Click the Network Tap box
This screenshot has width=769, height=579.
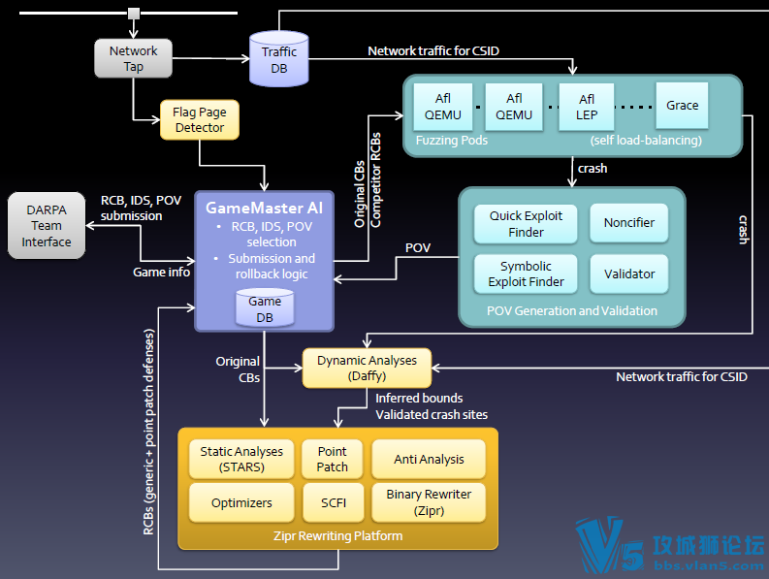[134, 58]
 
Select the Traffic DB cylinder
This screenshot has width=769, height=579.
[279, 59]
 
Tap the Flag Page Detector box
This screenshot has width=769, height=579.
[200, 119]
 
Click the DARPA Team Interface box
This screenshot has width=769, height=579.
[47, 226]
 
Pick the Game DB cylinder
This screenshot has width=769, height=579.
[265, 308]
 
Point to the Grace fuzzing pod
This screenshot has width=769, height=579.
[682, 106]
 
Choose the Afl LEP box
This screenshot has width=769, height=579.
[587, 107]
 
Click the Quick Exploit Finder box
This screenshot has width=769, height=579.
[526, 224]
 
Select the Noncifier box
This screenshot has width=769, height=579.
[629, 223]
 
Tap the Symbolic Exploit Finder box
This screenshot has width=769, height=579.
[526, 273]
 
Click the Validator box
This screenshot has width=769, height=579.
[629, 273]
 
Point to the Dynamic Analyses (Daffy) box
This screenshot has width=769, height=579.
[367, 368]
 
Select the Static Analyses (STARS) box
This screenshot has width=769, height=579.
[241, 459]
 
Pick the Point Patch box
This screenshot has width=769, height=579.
[333, 459]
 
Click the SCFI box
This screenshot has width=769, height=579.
[334, 503]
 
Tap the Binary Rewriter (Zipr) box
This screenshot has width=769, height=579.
[429, 502]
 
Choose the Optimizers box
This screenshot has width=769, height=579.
[241, 503]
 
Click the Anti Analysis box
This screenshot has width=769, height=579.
[429, 459]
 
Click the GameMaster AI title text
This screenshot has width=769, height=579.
[265, 209]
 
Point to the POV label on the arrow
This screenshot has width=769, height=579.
[418, 247]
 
